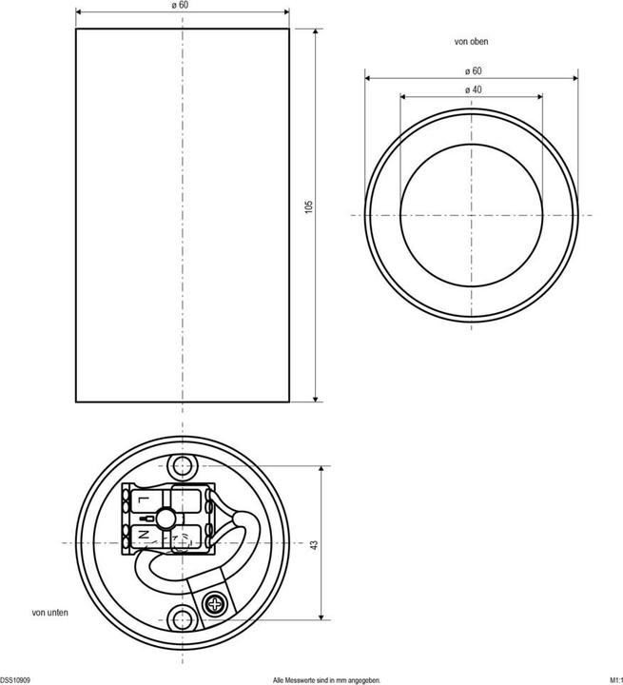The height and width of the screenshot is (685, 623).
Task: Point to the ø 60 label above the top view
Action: [471, 70]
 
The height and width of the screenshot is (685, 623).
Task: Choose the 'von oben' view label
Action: [472, 42]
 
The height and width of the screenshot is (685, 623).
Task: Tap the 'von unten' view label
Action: [49, 614]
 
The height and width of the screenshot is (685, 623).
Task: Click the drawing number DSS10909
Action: [16, 680]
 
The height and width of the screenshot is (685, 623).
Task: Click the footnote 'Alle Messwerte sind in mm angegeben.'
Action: [326, 680]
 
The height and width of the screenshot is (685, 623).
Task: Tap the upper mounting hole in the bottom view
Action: [181, 466]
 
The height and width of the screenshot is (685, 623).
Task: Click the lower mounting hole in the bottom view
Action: [181, 618]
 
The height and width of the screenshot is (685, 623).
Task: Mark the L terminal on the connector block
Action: [141, 499]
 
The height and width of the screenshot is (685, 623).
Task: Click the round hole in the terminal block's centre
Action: [167, 519]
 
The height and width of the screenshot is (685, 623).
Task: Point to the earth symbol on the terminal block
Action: [143, 519]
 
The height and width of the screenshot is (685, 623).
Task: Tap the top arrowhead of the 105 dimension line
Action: [316, 30]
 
